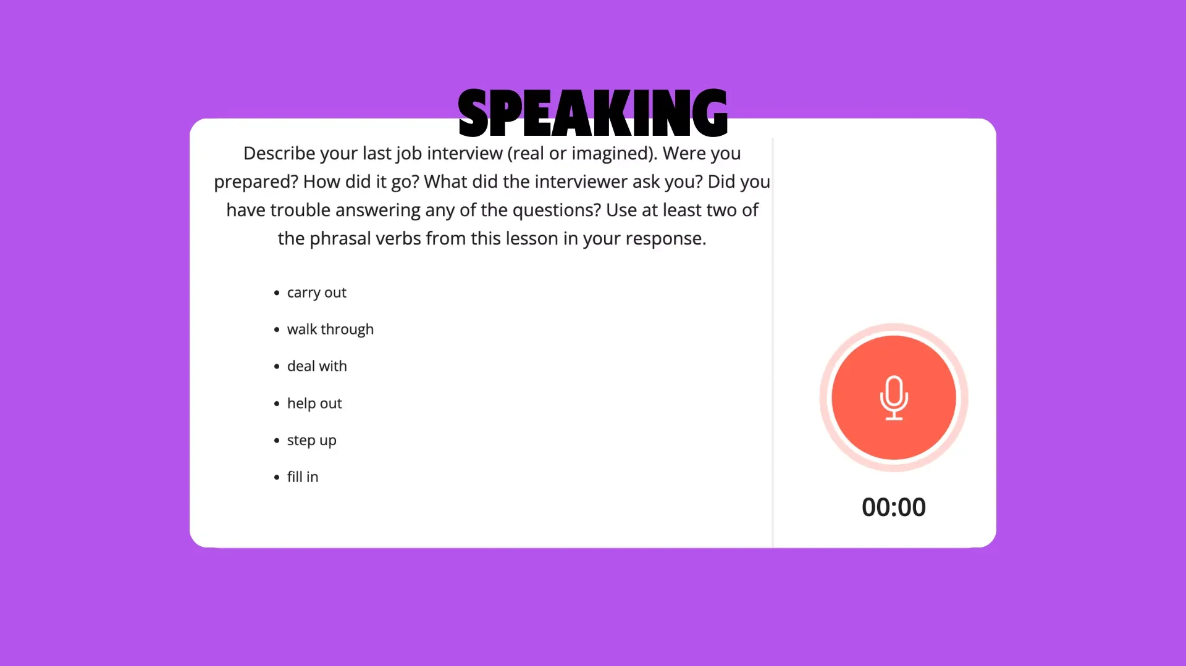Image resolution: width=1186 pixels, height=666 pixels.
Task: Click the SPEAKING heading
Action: coord(593,113)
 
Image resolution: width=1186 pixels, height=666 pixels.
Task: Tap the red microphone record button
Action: coord(894,398)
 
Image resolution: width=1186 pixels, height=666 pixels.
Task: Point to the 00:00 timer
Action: coord(894,507)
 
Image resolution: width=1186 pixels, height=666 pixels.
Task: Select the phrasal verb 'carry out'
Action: coord(316,293)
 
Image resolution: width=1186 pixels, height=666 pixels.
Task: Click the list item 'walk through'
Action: coord(330,330)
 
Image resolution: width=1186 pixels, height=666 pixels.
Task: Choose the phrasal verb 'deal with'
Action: coord(317,366)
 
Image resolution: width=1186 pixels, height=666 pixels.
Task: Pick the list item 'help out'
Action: coord(314,403)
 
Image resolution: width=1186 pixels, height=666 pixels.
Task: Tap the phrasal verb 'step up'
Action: coord(312,441)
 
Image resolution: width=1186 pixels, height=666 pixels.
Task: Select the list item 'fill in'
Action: coord(303,477)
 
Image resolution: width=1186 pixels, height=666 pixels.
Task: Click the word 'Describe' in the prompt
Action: coord(279,153)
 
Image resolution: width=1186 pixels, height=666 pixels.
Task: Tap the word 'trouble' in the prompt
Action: coord(300,210)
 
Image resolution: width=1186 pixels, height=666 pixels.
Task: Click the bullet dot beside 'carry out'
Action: coord(277,293)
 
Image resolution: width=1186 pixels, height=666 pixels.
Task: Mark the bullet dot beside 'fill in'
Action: coord(277,477)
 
